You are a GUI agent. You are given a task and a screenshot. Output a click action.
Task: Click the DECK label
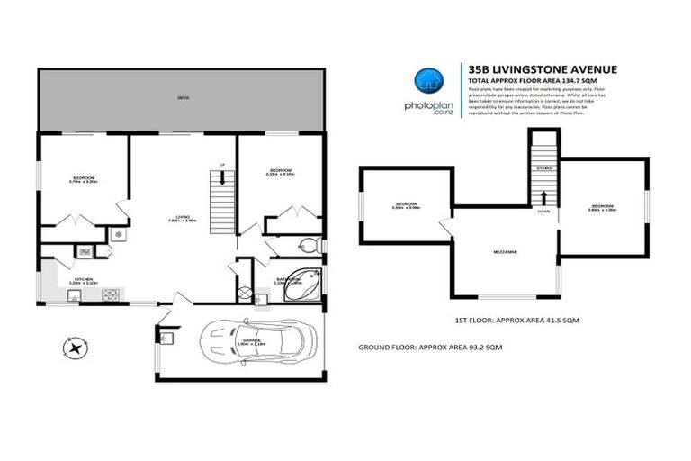pyautogui.click(x=183, y=96)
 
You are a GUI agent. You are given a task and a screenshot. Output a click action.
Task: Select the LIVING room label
pyautogui.click(x=183, y=217)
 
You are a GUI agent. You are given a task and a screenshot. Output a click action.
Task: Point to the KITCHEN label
pyautogui.click(x=84, y=280)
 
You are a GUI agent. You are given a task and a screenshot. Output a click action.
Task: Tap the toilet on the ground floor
pyautogui.click(x=308, y=244)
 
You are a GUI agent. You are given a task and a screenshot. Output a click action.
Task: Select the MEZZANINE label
pyautogui.click(x=506, y=252)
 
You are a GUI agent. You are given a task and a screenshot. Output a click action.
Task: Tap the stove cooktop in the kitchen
pyautogui.click(x=112, y=293)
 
